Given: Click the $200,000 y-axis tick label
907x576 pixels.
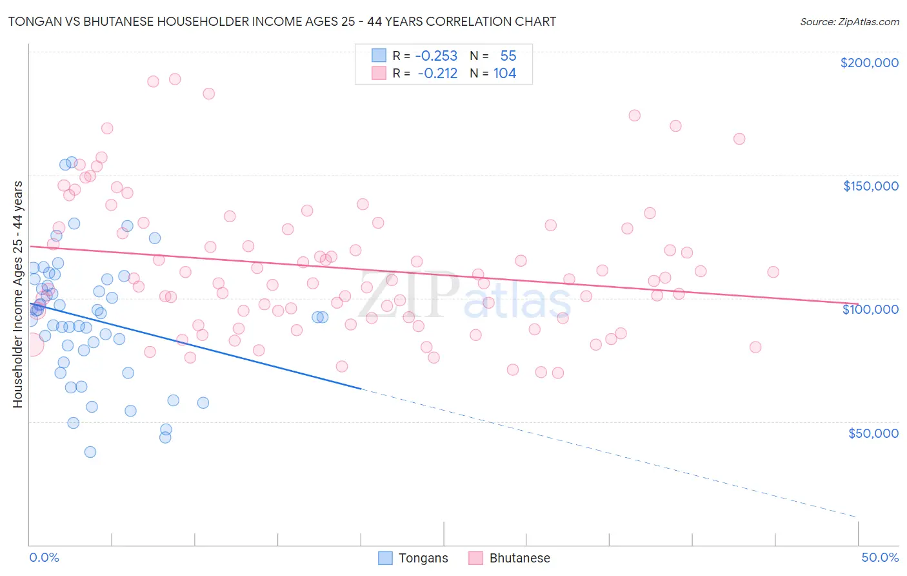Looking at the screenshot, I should (x=869, y=63).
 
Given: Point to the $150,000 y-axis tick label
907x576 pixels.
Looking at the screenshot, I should (x=870, y=186).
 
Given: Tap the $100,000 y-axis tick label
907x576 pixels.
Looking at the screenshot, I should (x=870, y=309).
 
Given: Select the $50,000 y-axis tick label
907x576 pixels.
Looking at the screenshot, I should (x=873, y=433).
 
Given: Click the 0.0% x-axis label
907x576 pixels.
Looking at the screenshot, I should (x=44, y=557).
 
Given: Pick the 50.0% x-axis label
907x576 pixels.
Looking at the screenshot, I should (x=880, y=557).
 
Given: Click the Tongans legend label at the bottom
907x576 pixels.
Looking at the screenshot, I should (x=423, y=558).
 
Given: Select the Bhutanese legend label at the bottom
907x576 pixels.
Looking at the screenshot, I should (x=519, y=558).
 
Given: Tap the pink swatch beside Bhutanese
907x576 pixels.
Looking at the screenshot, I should (x=475, y=558).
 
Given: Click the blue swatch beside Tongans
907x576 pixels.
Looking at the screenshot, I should (x=385, y=558).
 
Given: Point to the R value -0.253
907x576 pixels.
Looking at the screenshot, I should (x=436, y=56).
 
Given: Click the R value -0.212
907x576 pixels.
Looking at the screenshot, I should (x=437, y=74).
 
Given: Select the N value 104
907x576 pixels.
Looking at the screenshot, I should (x=504, y=74).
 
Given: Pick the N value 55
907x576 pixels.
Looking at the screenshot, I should (x=508, y=56).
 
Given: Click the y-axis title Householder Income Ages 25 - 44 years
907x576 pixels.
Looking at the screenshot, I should (x=17, y=294).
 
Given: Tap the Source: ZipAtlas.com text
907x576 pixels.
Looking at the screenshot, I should (x=849, y=22).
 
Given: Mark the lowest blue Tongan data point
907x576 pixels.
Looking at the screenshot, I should (x=90, y=452).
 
